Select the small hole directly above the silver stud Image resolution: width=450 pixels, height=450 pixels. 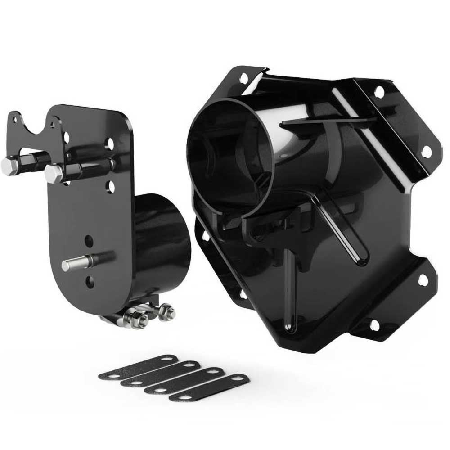pyautogui.click(x=89, y=240)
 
